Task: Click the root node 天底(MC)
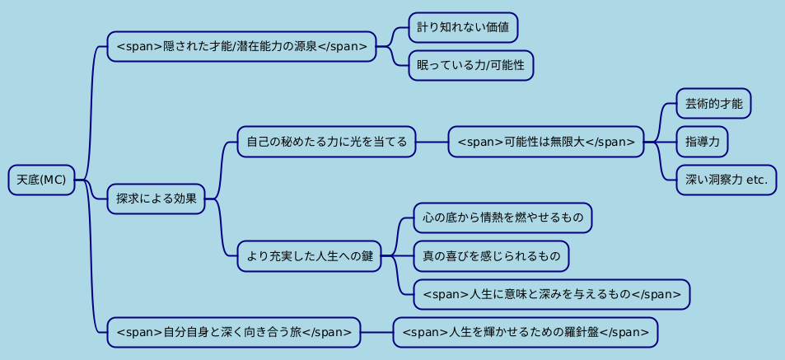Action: pyautogui.click(x=41, y=180)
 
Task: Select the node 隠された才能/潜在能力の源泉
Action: pyautogui.click(x=241, y=46)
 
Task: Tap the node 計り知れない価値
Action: pyautogui.click(x=463, y=27)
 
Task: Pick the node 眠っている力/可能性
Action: pyautogui.click(x=470, y=65)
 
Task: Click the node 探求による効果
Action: pyautogui.click(x=156, y=199)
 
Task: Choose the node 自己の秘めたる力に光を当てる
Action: pyautogui.click(x=326, y=142)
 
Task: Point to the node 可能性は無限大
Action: pyautogui.click(x=545, y=142)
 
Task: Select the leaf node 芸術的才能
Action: pyautogui.click(x=713, y=104)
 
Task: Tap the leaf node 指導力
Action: pyautogui.click(x=702, y=142)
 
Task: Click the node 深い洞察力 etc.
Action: pyautogui.click(x=726, y=180)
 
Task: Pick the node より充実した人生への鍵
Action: pyautogui.click(x=309, y=256)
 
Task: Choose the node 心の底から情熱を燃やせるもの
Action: pyautogui.click(x=502, y=218)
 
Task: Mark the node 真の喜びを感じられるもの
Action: pyautogui.click(x=491, y=256)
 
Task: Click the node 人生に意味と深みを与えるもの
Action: pyautogui.click(x=551, y=294)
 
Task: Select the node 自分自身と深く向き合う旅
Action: pyautogui.click(x=234, y=332)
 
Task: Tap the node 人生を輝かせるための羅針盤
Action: pyautogui.click(x=526, y=332)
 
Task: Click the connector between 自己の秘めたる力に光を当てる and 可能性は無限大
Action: pyautogui.click(x=432, y=142)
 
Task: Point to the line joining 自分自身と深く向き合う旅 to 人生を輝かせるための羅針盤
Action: pyautogui.click(x=376, y=332)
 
